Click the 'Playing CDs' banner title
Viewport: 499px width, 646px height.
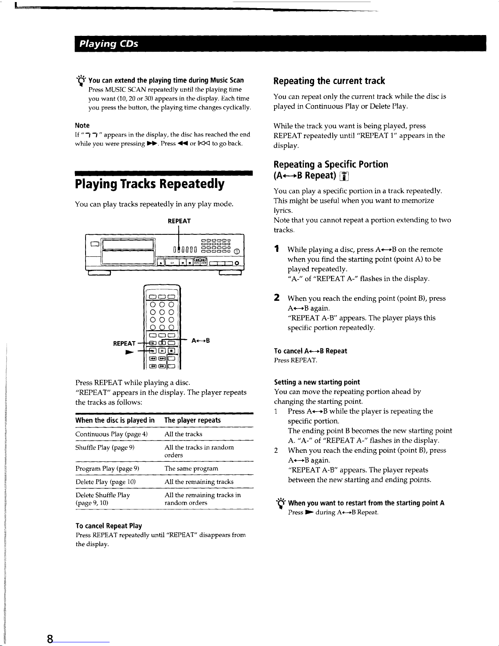coord(109,44)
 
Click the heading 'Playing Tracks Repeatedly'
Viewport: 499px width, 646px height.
coord(150,184)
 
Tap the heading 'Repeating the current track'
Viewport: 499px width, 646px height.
coord(329,81)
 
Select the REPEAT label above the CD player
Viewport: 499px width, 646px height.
coord(179,221)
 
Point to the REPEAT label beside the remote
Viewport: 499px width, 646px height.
coord(124,343)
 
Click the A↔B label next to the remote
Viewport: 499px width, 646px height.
coord(200,340)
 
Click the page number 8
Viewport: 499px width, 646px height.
coord(50,639)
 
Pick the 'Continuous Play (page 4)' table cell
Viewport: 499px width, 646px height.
coord(111,434)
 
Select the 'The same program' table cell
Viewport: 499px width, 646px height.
coord(191,469)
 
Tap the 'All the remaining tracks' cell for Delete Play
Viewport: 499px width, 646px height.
coord(199,482)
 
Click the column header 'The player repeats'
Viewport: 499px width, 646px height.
coord(192,420)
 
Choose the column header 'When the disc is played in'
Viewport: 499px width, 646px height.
coord(115,420)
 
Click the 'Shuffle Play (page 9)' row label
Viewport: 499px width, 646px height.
coord(105,448)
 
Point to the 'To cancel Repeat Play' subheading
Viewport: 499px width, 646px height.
coord(109,526)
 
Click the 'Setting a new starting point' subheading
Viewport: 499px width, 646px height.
coord(317,382)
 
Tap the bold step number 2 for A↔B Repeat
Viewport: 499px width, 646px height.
coord(277,298)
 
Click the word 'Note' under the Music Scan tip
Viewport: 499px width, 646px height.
coord(82,126)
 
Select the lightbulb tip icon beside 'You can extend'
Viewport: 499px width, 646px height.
coord(81,81)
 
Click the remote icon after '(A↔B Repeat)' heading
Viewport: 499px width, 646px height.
coord(344,176)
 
